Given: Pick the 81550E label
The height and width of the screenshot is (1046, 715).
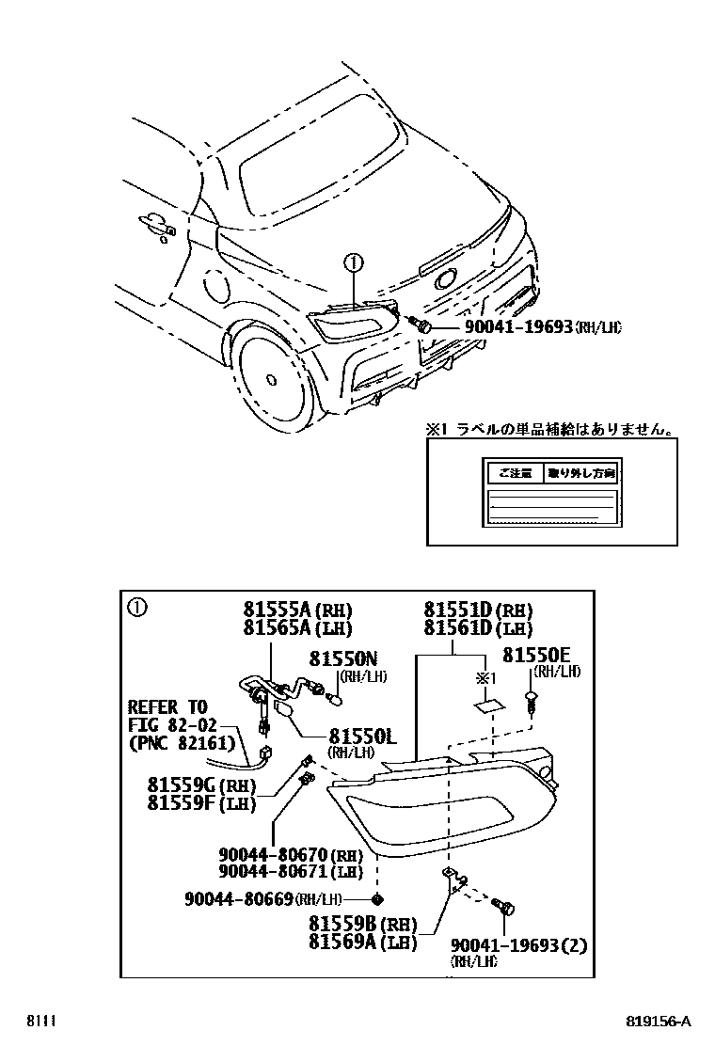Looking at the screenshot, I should pos(535,655).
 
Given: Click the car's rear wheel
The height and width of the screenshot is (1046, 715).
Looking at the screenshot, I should pos(271,378).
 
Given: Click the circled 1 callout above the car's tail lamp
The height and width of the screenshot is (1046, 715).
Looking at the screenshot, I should pos(352,261).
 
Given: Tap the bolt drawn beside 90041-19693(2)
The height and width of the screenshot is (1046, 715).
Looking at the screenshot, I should pos(504,907).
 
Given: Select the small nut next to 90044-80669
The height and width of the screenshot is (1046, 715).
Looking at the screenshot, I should pos(377,898).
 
